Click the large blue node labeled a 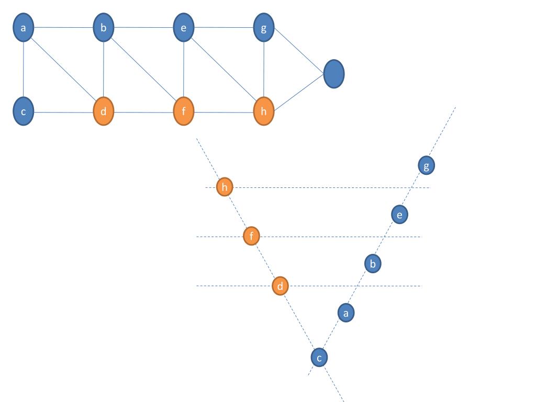[23, 28]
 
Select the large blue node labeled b [104, 28]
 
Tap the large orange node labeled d [104, 112]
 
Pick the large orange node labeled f [184, 112]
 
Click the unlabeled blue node [334, 74]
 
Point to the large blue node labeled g [264, 28]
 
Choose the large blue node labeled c [23, 112]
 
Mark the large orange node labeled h [264, 112]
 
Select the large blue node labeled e [184, 28]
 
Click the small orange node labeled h [225, 187]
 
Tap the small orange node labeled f [252, 236]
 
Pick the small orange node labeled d [281, 286]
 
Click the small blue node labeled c [319, 358]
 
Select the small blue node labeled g [427, 166]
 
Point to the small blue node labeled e [399, 214]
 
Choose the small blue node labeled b [373, 263]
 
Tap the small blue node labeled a [345, 312]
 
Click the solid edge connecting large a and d [63, 70]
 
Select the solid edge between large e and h [224, 70]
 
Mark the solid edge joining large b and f [143, 70]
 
